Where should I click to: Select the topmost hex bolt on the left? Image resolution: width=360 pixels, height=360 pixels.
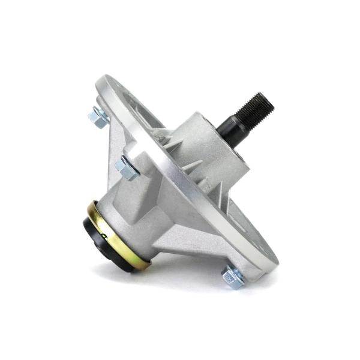pyautogui.click(x=98, y=115)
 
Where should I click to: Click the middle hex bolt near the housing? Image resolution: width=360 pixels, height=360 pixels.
pyautogui.click(x=127, y=167)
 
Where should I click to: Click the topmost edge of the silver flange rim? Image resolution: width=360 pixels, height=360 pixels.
pyautogui.click(x=108, y=77)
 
